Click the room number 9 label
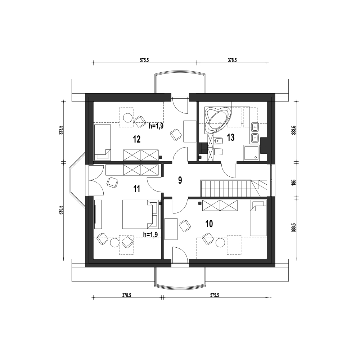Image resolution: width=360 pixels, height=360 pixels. (180, 180)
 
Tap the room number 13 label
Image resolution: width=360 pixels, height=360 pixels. (230, 138)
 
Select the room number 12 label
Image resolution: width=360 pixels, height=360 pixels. (136, 139)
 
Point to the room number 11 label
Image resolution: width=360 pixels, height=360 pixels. (136, 189)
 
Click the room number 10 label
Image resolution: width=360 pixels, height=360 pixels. (209, 224)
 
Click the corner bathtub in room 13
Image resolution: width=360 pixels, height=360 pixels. (217, 120)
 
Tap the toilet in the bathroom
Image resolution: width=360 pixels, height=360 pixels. (219, 152)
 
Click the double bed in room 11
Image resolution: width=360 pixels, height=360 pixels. (140, 214)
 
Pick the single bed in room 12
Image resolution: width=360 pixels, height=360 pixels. (103, 142)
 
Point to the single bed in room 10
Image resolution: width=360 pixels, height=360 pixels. (258, 218)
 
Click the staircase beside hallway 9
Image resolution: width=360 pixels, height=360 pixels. (234, 188)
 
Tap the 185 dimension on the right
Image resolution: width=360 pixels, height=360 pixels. (294, 182)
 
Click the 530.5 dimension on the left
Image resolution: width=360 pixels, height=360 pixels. (60, 210)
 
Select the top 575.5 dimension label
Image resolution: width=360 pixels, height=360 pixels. (144, 60)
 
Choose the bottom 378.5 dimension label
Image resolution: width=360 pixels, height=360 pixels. (126, 295)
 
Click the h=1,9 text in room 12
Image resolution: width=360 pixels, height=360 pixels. (156, 126)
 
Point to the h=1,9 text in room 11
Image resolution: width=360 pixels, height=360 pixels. (150, 234)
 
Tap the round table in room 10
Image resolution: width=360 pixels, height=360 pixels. (220, 243)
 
